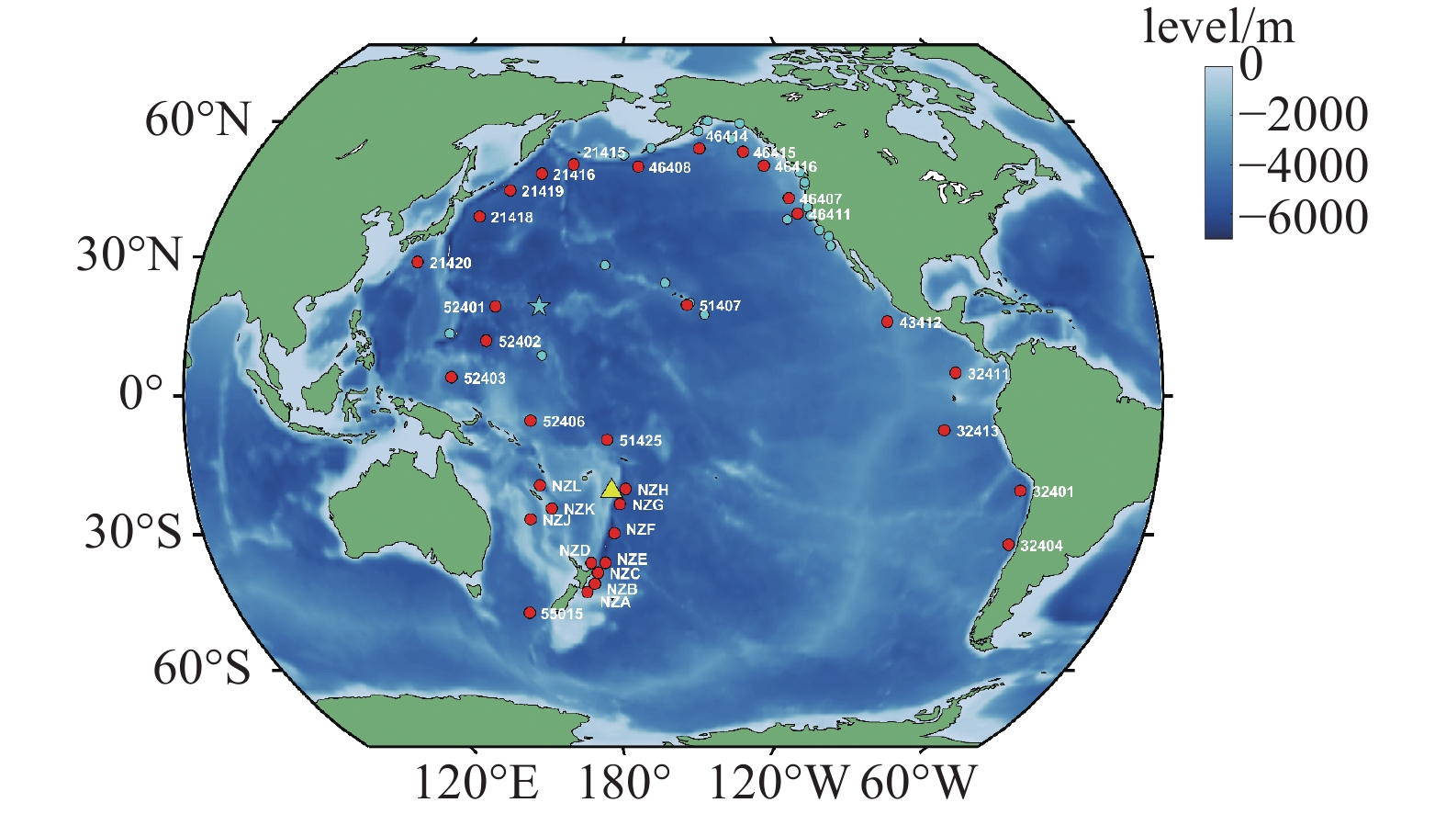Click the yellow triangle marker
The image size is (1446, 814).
611,489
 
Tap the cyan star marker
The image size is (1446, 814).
539,306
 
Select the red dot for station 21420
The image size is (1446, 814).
418,262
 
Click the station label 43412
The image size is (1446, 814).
920,323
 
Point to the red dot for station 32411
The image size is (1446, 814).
956,373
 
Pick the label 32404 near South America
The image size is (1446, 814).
1041,547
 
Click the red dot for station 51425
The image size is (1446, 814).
607,440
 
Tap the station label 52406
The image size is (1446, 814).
563,422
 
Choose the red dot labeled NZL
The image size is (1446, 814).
540,485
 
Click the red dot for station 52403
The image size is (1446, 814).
451,378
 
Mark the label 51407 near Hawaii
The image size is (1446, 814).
720,306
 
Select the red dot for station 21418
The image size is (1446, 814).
479,217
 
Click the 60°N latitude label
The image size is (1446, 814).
197,120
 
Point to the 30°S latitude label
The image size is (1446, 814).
134,533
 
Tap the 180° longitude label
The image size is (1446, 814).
624,784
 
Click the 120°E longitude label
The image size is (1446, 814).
476,784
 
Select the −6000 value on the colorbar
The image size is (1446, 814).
1303,218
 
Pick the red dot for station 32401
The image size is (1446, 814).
1020,491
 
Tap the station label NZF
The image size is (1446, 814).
640,530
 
